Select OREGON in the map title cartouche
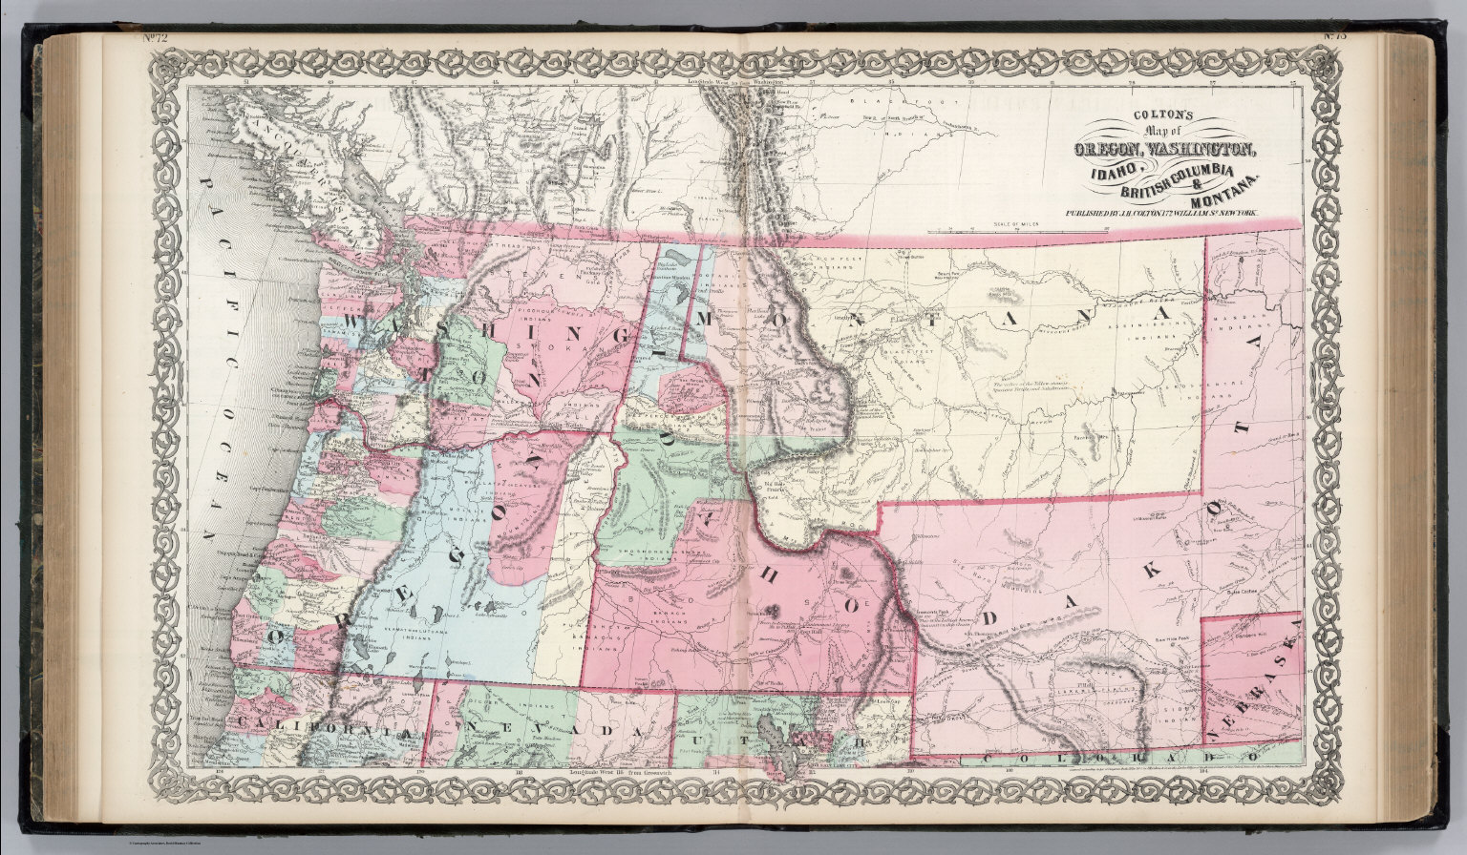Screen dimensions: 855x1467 click(1109, 149)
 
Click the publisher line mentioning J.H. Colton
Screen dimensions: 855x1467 click(1155, 215)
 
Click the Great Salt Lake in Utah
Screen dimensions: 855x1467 click(773, 740)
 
